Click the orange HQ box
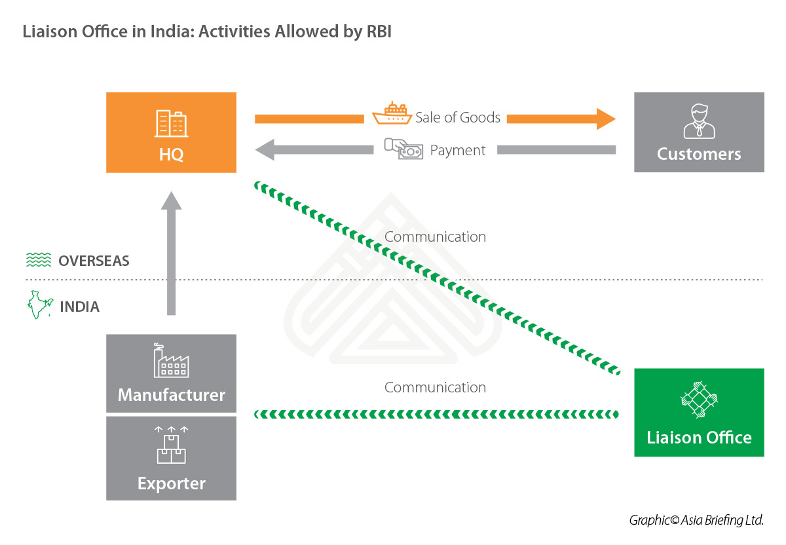click(171, 132)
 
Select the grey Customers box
click(699, 132)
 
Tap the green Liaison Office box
click(699, 412)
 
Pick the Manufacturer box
click(171, 373)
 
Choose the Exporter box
click(171, 459)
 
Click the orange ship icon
click(392, 113)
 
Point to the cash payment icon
click(403, 149)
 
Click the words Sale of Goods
click(458, 117)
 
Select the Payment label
click(458, 151)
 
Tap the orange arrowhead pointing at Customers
click(606, 119)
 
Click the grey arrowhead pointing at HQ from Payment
click(265, 150)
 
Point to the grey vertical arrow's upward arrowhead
click(171, 200)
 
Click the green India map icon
click(40, 305)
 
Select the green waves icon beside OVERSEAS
click(39, 259)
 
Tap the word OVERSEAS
click(94, 261)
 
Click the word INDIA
click(80, 307)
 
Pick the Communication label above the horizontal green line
click(435, 387)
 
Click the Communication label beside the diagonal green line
click(435, 237)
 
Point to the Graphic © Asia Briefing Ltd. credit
click(696, 520)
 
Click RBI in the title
click(379, 31)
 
